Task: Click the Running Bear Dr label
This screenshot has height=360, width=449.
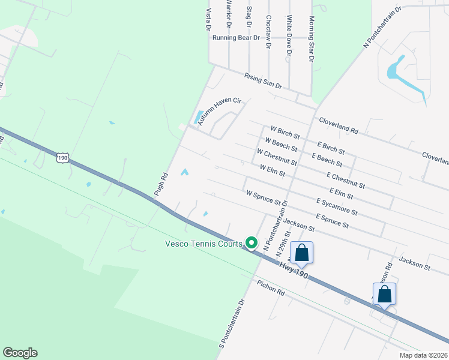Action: point(236,37)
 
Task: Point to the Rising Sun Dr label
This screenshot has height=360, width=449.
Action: point(263,81)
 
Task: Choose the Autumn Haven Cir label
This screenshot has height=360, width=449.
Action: point(220,112)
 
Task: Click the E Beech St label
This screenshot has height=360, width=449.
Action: point(327,160)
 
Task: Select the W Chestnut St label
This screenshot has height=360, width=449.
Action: point(277,157)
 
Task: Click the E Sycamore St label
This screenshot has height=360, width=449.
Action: point(337,208)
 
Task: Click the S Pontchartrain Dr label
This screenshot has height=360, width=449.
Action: point(232,323)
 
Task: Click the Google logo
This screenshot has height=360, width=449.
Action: point(20,353)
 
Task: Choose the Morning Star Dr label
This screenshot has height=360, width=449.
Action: point(311,48)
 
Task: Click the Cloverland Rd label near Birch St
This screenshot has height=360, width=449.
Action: point(339,125)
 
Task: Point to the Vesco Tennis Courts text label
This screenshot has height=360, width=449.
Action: point(205,244)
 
